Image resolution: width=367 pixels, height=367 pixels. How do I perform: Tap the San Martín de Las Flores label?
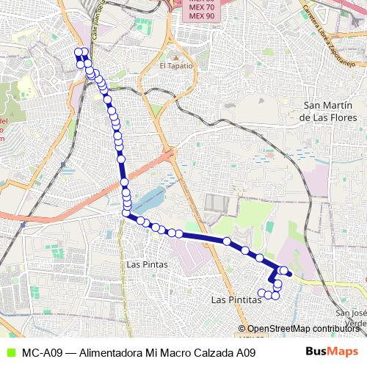[x=328, y=111]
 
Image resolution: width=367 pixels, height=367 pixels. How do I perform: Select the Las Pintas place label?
[x=148, y=264]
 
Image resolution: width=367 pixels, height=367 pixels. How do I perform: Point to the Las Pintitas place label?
[x=236, y=300]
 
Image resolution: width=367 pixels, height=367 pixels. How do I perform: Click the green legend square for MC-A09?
[x=9, y=352]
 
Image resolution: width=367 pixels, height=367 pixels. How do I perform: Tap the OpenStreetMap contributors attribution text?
[x=303, y=329]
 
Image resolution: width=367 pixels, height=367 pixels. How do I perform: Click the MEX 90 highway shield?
[x=202, y=15]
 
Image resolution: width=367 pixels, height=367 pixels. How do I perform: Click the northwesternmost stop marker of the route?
[x=77, y=51]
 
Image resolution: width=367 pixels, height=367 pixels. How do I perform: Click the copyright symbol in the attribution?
[x=243, y=329]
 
